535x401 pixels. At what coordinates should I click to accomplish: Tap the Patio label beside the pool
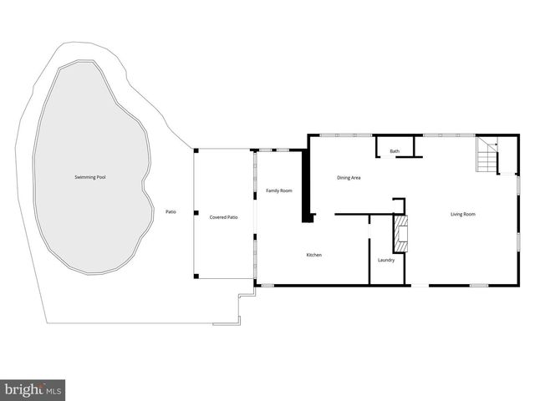click(171, 212)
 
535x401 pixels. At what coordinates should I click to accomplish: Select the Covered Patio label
click(223, 217)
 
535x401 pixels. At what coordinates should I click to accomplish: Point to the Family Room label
click(279, 191)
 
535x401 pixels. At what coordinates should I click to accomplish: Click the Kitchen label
click(313, 255)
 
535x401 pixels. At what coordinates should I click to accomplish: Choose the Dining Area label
click(349, 177)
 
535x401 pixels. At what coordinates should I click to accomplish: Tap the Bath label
click(395, 151)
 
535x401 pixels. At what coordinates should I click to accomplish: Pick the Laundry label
click(386, 260)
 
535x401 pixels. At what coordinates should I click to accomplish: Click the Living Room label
click(463, 215)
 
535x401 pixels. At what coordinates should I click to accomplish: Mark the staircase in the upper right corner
click(487, 155)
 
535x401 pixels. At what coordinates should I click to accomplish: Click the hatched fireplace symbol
click(401, 234)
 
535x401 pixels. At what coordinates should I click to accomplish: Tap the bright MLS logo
click(33, 389)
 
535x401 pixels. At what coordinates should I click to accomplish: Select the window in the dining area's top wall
click(346, 135)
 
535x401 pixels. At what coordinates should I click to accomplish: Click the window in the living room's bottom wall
click(479, 286)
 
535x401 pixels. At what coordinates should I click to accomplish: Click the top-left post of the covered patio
click(196, 151)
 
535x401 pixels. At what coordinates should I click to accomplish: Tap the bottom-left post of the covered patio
click(196, 276)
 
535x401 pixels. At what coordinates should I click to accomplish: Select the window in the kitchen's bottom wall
click(267, 286)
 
